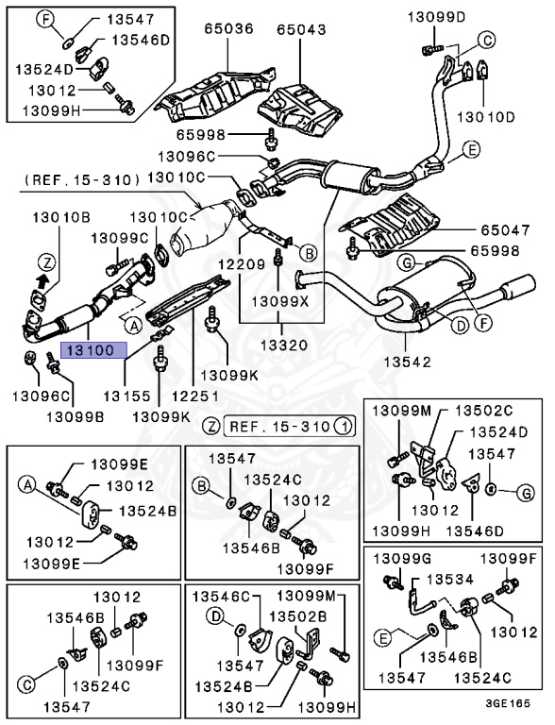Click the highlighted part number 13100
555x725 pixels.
click(x=91, y=350)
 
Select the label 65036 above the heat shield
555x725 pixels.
click(x=229, y=29)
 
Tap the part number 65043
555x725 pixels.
click(x=301, y=29)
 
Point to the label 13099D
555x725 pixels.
click(x=437, y=18)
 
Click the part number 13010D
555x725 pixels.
click(x=485, y=116)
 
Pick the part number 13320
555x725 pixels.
click(x=284, y=345)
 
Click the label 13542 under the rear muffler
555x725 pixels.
click(x=407, y=362)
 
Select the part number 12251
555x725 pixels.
click(x=195, y=396)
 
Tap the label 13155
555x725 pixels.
click(x=126, y=396)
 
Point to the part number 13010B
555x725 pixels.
click(x=61, y=217)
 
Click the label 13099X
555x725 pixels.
click(x=279, y=301)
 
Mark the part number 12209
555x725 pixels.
click(x=242, y=264)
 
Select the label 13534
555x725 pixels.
click(x=450, y=580)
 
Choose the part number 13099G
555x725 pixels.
click(x=402, y=559)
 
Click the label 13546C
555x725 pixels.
click(x=221, y=597)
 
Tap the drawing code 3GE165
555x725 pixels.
click(x=508, y=703)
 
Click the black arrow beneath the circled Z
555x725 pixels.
click(x=42, y=279)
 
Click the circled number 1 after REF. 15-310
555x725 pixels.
click(x=344, y=426)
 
